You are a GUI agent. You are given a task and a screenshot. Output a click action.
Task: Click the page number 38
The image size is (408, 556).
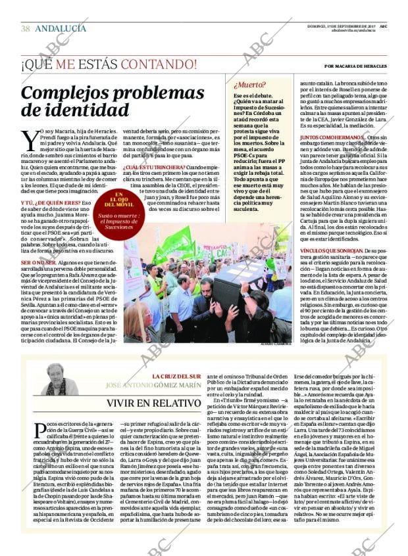pos(26,29)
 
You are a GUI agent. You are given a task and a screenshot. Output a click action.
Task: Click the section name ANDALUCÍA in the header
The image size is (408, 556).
pos(60,29)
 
